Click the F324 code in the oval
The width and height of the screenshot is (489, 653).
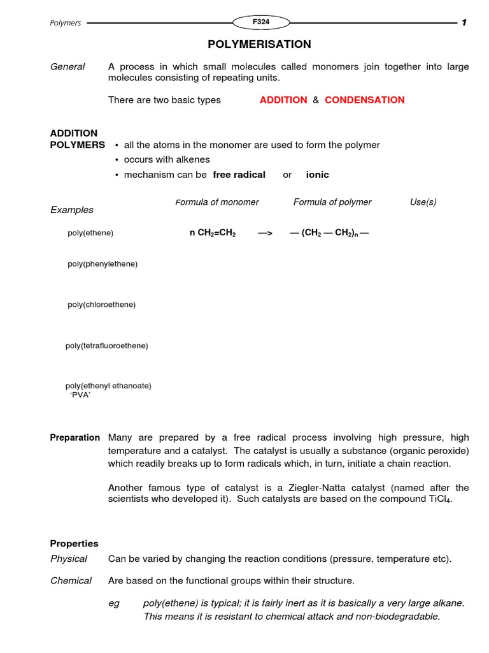[260, 22]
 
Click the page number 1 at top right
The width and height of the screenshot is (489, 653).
[464, 23]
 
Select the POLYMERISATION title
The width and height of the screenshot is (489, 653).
[259, 45]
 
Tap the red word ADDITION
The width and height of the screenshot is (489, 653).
[283, 100]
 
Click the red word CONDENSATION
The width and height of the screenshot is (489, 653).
[364, 100]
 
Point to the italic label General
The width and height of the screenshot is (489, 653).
[67, 67]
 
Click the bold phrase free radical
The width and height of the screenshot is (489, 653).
[239, 175]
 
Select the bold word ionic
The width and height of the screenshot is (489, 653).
[317, 175]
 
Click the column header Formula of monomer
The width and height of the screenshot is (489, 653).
[217, 202]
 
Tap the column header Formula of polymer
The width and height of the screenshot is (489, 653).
[332, 202]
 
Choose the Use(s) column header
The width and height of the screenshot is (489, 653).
[423, 202]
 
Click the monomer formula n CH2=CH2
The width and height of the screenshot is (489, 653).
[213, 233]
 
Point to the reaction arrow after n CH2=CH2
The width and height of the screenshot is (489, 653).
[265, 233]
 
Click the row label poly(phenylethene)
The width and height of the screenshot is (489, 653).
[103, 263]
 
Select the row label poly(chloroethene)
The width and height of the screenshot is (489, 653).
[102, 305]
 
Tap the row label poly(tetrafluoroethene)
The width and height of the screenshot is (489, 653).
[107, 346]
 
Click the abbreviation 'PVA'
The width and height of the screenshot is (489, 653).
[80, 395]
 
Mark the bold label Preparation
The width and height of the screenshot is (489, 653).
[75, 437]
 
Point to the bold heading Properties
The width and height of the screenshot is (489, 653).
[74, 543]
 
